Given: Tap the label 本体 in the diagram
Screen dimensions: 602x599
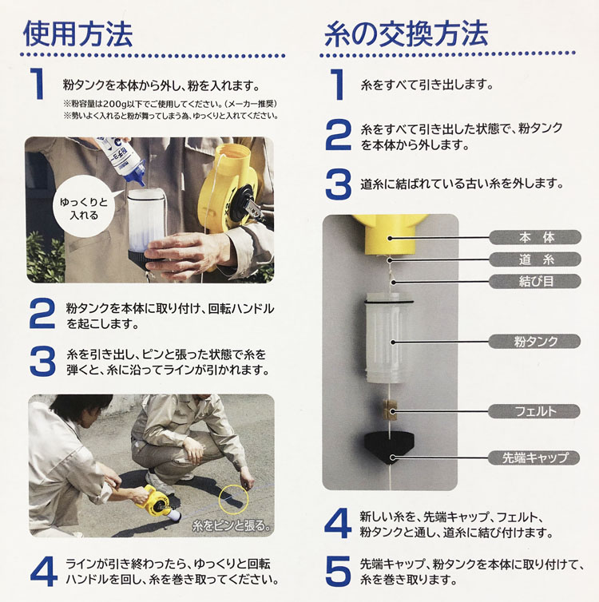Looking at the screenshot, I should click(x=533, y=237).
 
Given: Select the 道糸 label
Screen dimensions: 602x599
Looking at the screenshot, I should click(x=533, y=259).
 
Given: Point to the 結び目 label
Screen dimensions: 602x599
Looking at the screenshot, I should click(x=533, y=280).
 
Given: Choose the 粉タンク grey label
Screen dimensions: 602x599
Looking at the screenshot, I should click(x=533, y=341).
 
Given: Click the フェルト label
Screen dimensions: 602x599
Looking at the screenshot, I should click(x=533, y=412).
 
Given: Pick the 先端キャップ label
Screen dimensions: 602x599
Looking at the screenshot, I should click(x=533, y=457).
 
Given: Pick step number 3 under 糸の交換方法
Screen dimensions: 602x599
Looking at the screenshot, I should click(x=339, y=183).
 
